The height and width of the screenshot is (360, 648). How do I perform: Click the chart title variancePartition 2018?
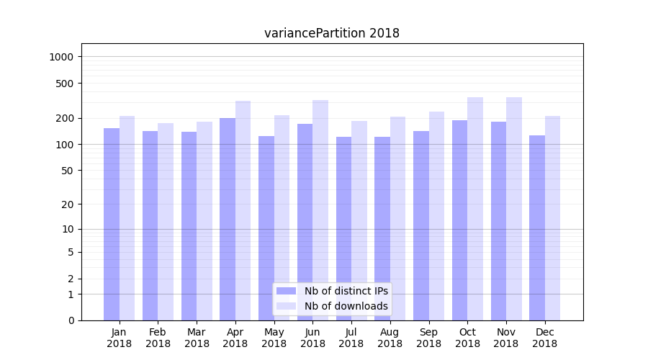click(x=331, y=33)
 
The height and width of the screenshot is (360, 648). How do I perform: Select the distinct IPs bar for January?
click(x=112, y=224)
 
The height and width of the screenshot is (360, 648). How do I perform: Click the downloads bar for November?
click(x=514, y=209)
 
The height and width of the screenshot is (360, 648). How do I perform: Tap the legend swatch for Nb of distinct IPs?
click(x=286, y=291)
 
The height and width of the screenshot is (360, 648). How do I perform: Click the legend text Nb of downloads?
click(x=346, y=306)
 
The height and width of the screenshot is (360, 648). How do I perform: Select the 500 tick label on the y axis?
click(x=66, y=84)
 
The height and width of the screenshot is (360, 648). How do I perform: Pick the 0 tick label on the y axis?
click(x=72, y=320)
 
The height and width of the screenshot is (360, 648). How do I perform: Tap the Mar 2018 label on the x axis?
click(x=197, y=338)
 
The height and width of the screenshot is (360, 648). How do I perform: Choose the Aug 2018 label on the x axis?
click(x=390, y=338)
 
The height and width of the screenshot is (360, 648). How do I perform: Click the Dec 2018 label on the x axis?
click(x=544, y=338)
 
